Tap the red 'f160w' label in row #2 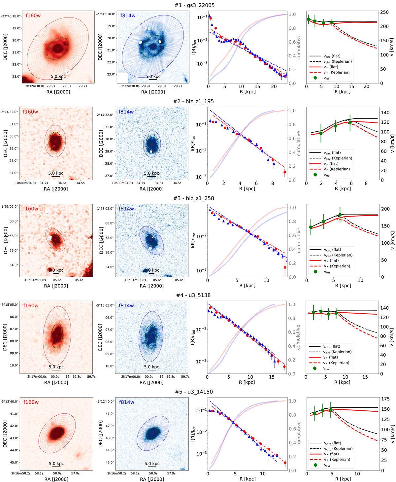click(30, 112)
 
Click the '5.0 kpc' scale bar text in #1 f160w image click(58, 77)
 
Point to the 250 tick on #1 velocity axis click(384, 12)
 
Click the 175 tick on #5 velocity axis click(385, 399)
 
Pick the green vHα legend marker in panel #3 click(315, 272)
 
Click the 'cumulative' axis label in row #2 click(299, 143)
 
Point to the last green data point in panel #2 click(350, 122)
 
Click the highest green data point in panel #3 click(340, 215)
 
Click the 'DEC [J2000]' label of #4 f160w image click(6, 337)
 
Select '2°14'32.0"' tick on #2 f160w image click(10, 112)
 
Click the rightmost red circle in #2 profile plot click(285, 172)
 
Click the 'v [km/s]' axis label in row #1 click(392, 48)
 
